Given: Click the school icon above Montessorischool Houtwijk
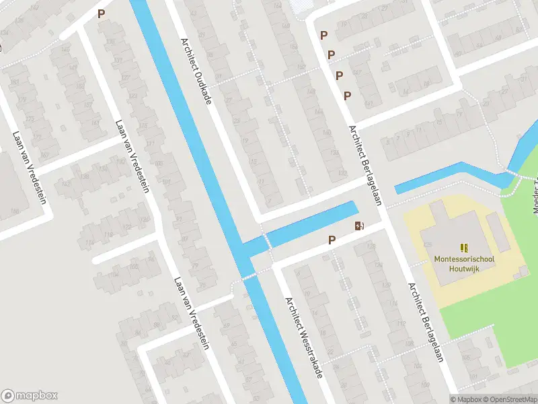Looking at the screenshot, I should point(463,248).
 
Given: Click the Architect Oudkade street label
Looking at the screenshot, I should point(196,69).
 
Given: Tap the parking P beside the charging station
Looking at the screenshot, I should point(332,240).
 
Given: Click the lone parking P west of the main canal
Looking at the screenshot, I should point(101,13).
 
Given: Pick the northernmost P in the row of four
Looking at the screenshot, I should point(323,35).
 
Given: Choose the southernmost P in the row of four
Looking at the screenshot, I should point(347,96).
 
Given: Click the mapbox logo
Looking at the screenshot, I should point(30,395).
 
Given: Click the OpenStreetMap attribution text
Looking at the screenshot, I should point(508,399).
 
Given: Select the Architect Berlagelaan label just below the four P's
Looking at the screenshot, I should point(364,157).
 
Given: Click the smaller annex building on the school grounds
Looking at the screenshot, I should point(498,232).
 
